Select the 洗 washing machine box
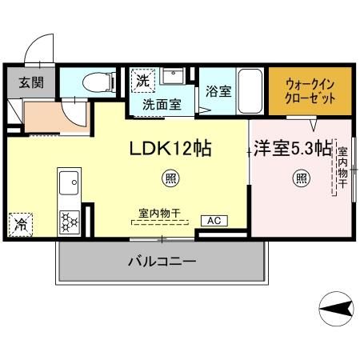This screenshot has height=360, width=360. (x=142, y=80)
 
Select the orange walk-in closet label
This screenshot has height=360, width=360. (x=310, y=90)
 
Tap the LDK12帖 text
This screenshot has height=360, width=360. (x=170, y=149)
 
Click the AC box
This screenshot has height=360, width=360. (x=214, y=220)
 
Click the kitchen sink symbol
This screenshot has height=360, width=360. (x=67, y=183)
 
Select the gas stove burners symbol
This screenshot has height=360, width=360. (x=67, y=219)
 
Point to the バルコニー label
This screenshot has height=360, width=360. (x=162, y=262)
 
